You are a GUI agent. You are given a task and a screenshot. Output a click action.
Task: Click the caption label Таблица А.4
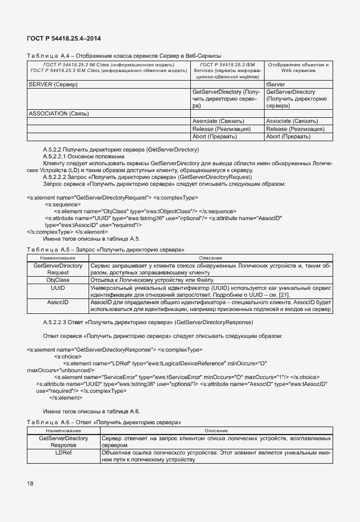(43, 55)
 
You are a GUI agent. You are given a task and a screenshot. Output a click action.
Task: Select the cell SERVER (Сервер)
(53, 84)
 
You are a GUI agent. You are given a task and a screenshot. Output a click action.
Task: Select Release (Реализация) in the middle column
(222, 129)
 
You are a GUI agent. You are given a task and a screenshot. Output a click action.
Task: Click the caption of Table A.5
(105, 250)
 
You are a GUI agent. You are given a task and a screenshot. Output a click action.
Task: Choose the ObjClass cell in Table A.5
(58, 280)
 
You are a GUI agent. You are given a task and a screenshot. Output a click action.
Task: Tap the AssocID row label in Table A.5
(58, 301)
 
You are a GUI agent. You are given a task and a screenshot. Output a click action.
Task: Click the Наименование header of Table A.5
(58, 258)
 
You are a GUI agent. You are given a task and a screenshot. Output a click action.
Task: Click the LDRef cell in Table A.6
(63, 452)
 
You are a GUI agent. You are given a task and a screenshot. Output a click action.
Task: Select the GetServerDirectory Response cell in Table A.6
(63, 441)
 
